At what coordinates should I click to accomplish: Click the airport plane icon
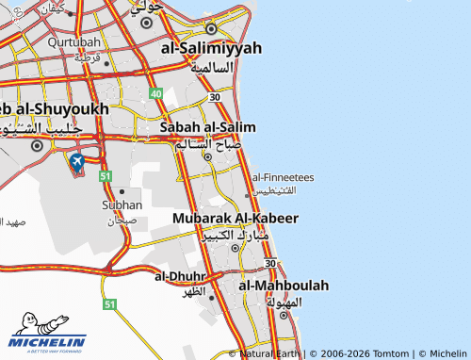tap(76, 161)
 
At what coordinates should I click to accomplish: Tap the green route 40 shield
tap(156, 94)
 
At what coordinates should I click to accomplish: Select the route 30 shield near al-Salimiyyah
tap(216, 97)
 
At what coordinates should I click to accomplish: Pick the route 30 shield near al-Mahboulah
tap(270, 263)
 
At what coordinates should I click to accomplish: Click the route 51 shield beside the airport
tap(106, 176)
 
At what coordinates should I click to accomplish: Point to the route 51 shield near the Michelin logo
tap(110, 304)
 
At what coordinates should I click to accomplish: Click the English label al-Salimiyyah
tap(211, 48)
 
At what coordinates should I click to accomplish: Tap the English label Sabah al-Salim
tap(208, 126)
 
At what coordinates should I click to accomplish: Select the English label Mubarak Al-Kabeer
tap(235, 218)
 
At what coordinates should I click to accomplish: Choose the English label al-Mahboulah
tap(284, 285)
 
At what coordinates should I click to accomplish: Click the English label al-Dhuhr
tap(180, 276)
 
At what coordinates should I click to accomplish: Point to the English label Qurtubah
tap(74, 42)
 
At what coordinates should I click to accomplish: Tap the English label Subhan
tap(122, 205)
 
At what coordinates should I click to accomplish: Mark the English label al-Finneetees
tap(283, 176)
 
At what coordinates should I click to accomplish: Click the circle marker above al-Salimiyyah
tap(211, 27)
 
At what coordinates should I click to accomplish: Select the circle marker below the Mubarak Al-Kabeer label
tap(235, 249)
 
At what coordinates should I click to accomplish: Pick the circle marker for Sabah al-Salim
tap(207, 156)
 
